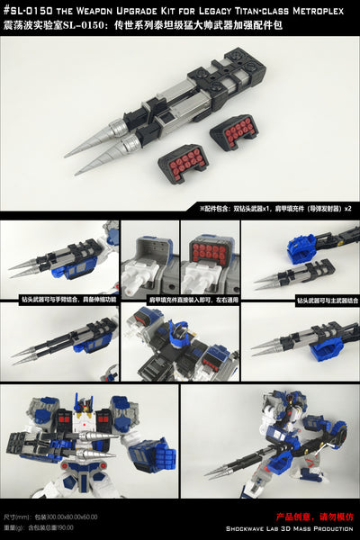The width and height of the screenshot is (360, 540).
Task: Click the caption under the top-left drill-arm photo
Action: click(x=59, y=294)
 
